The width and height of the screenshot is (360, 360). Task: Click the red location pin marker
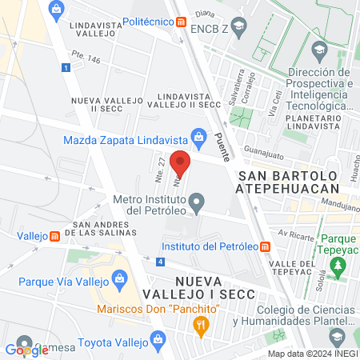[180, 163]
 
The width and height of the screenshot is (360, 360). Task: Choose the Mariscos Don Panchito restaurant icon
[201, 325]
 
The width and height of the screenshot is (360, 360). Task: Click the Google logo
[26, 349]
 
